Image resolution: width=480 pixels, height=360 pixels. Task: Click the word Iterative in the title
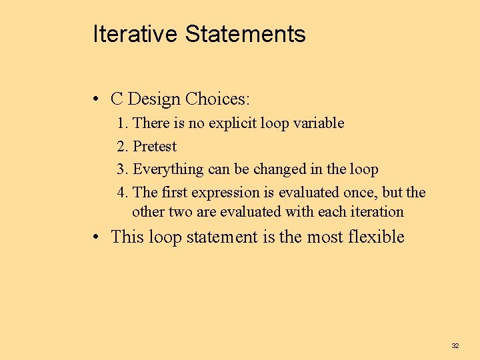pos(136,34)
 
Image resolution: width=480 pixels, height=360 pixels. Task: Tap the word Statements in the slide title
pos(245,34)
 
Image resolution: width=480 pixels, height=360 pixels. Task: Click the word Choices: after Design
pos(218,99)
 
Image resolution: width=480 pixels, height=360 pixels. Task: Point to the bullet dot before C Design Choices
pos(97,100)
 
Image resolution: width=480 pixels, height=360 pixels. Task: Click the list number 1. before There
pos(123,123)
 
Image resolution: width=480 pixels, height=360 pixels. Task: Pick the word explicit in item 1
pos(232,123)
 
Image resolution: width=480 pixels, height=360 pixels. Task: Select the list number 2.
pos(123,147)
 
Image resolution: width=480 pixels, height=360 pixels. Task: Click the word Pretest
pos(155,147)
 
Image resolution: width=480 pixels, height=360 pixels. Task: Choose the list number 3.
pos(123,169)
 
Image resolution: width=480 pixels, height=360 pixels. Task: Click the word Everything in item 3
pos(168,169)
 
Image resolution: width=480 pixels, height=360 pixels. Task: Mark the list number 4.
pos(123,193)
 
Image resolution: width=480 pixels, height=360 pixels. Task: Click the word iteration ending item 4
pos(379,212)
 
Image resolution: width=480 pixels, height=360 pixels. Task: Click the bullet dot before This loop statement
pos(97,237)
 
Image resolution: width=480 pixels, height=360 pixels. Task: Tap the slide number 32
pos(455,345)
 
